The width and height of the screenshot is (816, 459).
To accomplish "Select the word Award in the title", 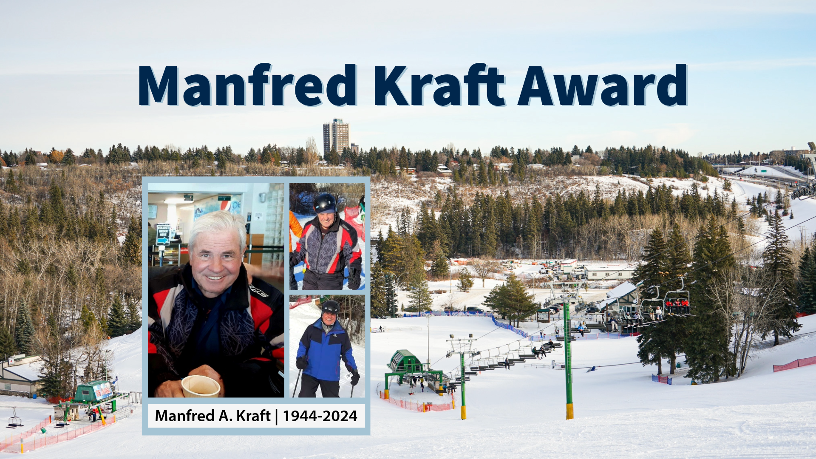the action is [x=602, y=85].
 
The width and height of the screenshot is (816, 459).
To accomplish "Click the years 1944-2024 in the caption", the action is [x=320, y=416].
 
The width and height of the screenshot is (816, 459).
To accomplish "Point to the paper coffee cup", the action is [x=201, y=386].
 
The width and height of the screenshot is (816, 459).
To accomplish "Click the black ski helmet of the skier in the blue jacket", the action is [x=330, y=307].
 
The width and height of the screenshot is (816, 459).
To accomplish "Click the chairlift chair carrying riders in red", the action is [x=677, y=303].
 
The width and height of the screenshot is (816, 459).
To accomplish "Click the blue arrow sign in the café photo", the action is [x=163, y=235].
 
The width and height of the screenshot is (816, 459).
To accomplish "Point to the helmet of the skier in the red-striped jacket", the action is [x=325, y=203].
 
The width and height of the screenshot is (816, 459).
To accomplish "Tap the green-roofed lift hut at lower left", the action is [x=93, y=391].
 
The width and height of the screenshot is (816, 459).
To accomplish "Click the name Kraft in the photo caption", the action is [x=253, y=416].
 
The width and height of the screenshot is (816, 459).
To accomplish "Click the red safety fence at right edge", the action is [x=794, y=363].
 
